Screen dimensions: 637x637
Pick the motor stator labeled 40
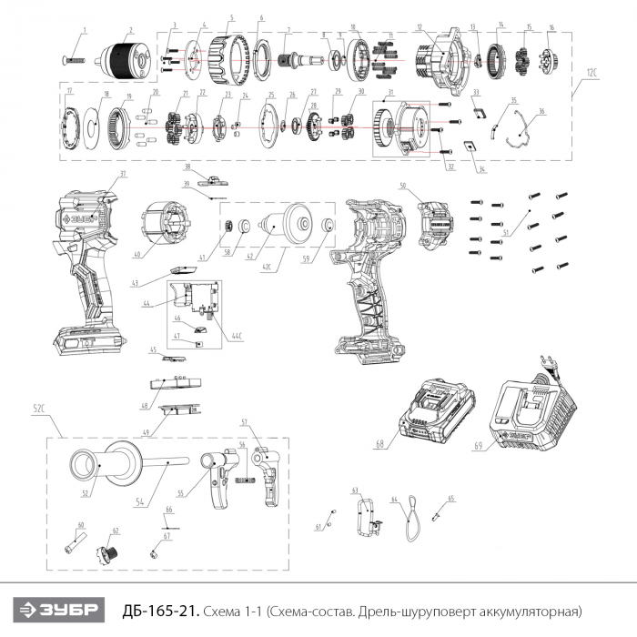click(x=167, y=227)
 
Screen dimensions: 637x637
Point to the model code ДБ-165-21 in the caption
click(x=160, y=609)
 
